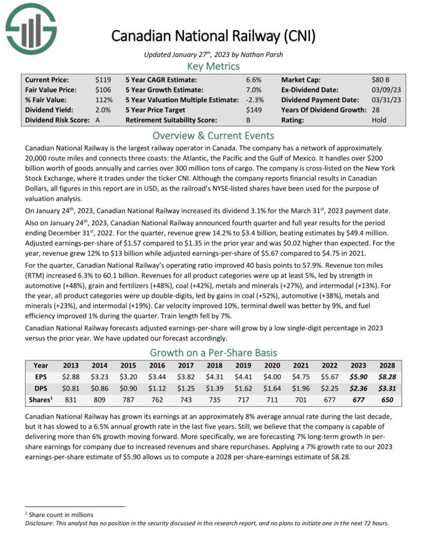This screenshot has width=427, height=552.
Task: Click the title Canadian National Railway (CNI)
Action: pos(213,35)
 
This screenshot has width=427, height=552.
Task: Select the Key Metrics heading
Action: pos(213,66)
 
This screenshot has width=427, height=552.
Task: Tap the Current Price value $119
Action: pos(103,79)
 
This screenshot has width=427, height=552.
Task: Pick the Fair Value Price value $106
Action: pos(103,89)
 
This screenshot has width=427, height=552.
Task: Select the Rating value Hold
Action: pos(379,120)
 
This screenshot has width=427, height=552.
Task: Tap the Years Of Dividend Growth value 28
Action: pos(376,110)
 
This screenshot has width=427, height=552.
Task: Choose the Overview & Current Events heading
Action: pos(213,135)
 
